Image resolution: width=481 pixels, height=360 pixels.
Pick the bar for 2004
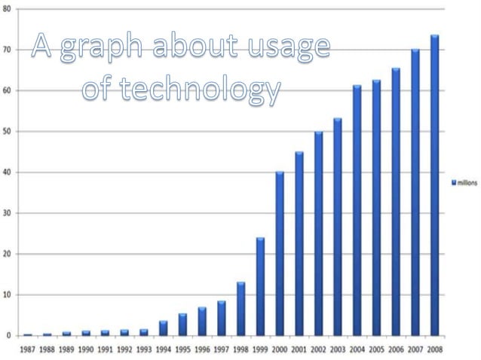pos(357,210)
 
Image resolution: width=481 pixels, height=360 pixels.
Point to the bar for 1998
pos(240,309)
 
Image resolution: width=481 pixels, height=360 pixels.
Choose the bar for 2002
pos(318,233)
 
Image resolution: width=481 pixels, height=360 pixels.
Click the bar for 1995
pos(182,325)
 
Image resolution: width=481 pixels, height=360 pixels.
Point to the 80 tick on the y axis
pos(7,9)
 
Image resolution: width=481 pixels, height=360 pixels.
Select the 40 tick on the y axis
pos(7,172)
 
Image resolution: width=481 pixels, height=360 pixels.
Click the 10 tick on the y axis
pos(7,295)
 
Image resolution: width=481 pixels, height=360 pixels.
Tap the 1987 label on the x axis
pos(28,349)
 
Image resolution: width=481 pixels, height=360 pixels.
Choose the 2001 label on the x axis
pos(299,349)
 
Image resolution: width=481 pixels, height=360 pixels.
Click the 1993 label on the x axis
pos(144,349)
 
